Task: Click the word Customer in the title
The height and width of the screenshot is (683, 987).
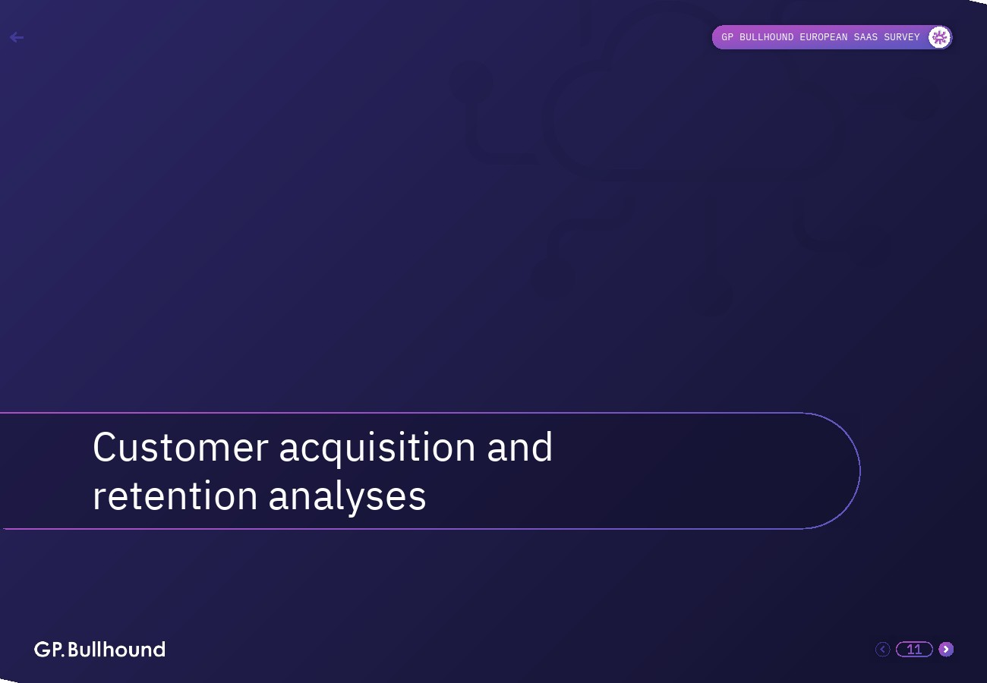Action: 180,447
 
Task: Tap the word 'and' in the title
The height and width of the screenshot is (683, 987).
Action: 519,447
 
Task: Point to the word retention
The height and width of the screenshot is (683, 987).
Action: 175,496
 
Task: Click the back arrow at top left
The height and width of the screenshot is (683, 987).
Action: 16,37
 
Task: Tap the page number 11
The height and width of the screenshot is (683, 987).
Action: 914,649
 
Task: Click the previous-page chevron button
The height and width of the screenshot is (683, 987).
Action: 882,649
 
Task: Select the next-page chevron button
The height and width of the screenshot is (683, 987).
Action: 946,649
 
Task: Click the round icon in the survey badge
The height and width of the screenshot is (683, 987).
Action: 939,37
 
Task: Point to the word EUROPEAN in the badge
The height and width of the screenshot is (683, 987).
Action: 824,37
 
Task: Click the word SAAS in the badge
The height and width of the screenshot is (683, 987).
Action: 866,37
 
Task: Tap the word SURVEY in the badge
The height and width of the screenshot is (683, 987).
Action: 902,37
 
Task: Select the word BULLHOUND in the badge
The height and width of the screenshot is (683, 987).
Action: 767,37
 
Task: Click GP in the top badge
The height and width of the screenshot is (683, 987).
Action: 727,37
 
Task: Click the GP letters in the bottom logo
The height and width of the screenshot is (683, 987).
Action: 49,650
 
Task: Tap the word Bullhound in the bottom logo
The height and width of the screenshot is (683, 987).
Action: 117,650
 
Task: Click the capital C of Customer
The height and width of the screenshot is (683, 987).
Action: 104,447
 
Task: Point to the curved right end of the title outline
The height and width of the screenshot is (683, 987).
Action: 859,471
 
